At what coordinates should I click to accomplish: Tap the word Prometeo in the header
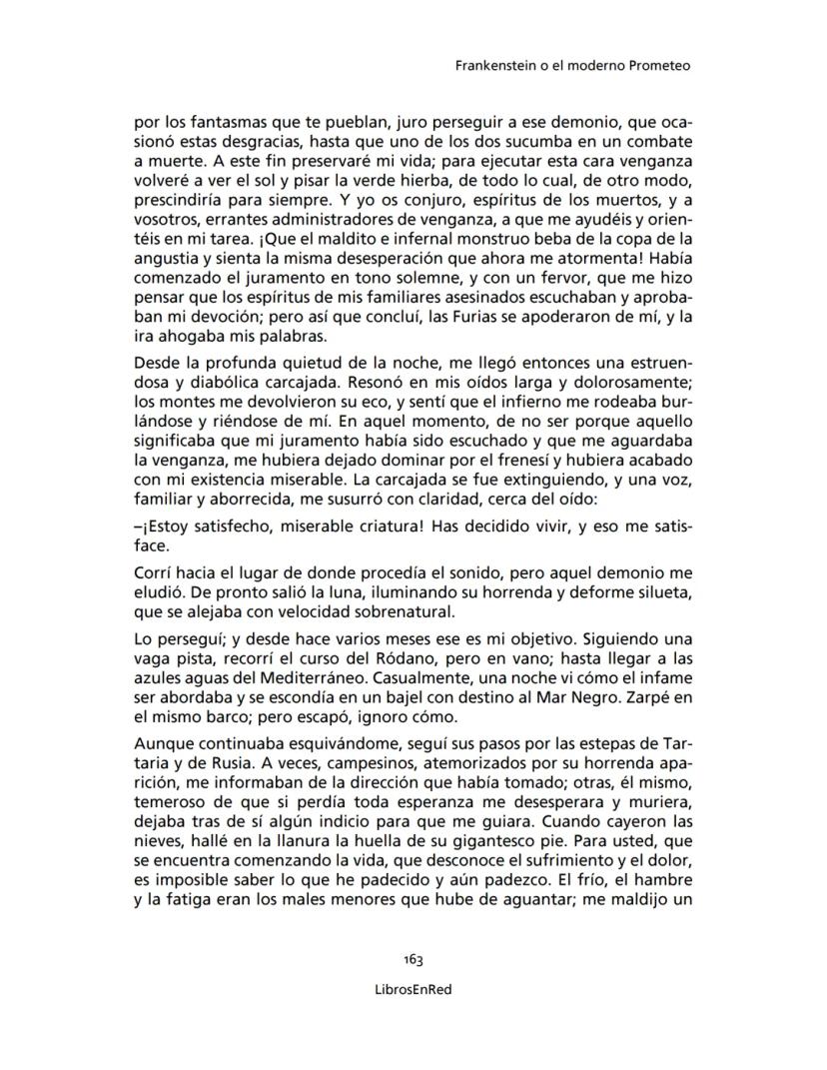point(661,66)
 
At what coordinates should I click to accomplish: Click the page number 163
point(413,959)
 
